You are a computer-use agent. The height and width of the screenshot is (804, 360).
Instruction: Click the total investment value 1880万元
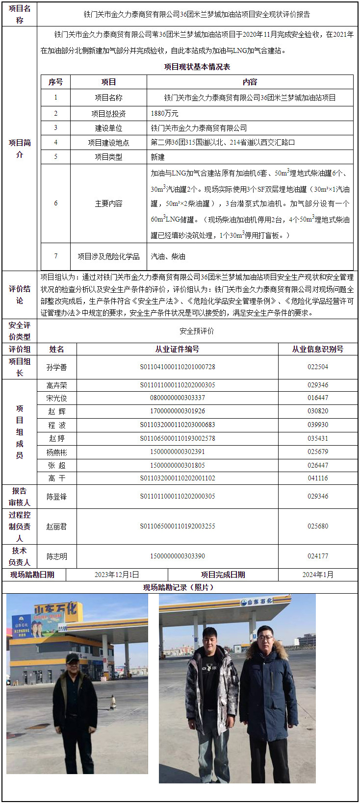(164, 113)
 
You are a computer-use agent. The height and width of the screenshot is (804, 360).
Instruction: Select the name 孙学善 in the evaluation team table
(57, 367)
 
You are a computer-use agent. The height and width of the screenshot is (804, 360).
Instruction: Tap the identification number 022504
(318, 367)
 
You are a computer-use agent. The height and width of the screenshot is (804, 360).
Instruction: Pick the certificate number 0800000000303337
(178, 398)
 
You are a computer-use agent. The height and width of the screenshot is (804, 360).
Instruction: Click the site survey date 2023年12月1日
(117, 575)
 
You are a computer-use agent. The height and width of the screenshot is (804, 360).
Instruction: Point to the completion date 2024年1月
(318, 575)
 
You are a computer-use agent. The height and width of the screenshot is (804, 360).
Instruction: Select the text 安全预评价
(197, 331)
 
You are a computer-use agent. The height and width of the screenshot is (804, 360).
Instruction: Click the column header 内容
(250, 82)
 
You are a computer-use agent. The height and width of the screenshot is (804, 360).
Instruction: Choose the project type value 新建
(158, 157)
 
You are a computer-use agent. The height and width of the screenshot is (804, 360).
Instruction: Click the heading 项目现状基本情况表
(197, 67)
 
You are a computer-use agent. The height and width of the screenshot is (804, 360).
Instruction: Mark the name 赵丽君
(57, 527)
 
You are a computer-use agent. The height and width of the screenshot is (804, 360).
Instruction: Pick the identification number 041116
(318, 478)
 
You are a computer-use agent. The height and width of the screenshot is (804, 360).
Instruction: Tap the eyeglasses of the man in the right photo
(265, 638)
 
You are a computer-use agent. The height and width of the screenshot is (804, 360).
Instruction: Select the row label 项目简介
(20, 148)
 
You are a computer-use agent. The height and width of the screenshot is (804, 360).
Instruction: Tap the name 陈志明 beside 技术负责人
(57, 556)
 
